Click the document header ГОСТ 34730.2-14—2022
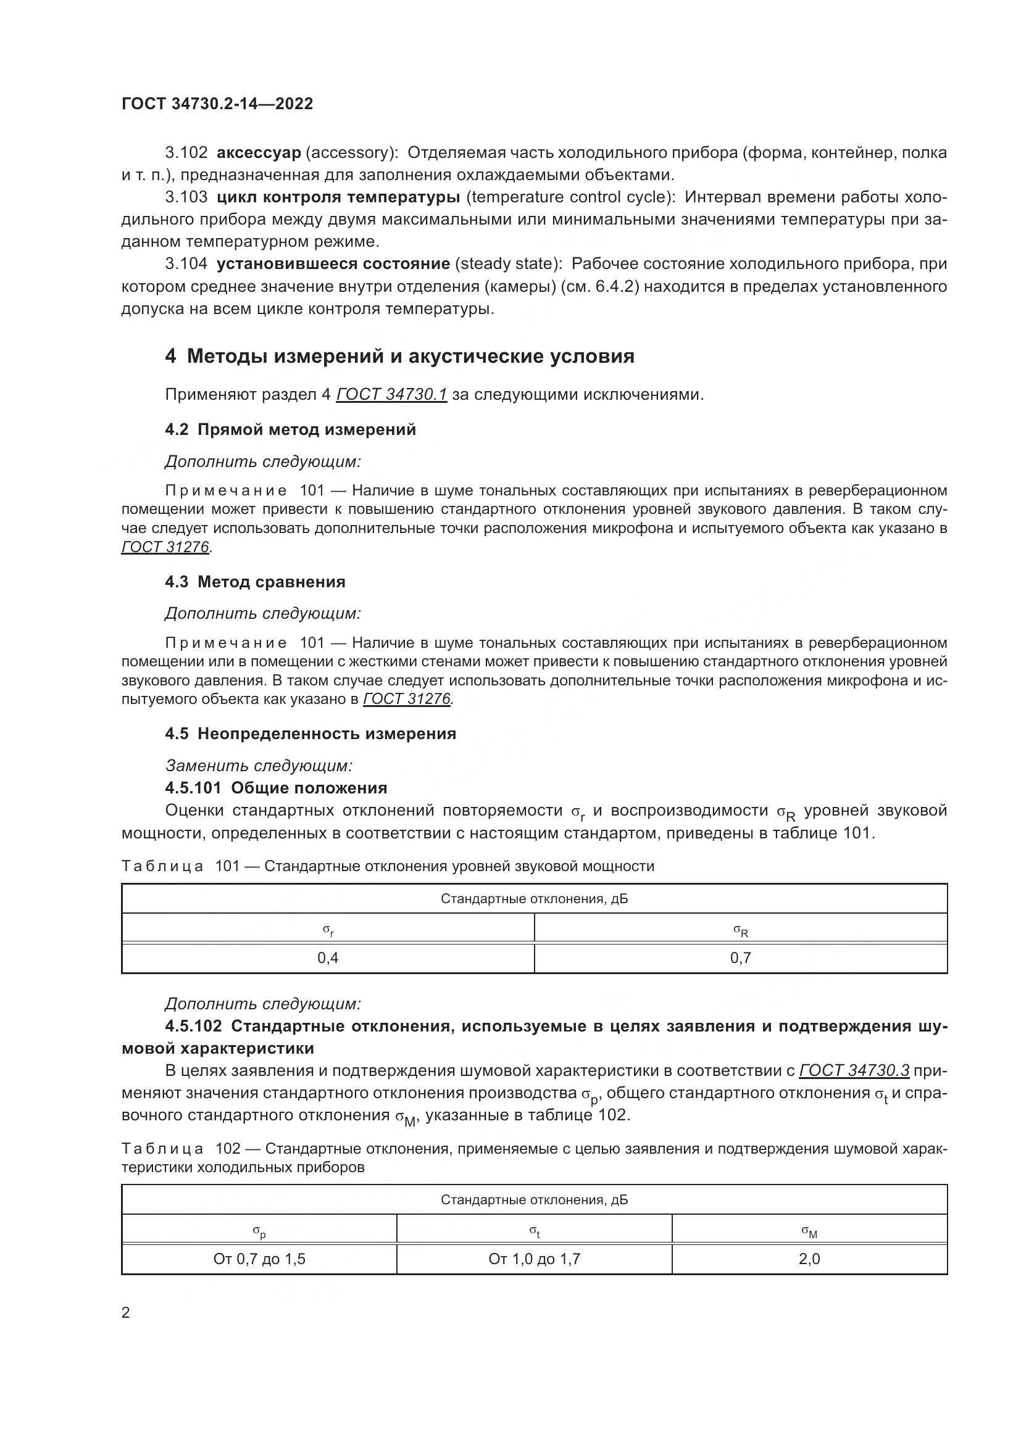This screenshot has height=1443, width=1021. click(217, 104)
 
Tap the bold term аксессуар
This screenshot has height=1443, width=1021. click(259, 153)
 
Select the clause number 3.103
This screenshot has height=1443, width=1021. click(186, 197)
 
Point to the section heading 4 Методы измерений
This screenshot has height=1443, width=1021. click(399, 357)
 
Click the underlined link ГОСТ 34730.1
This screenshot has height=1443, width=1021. click(392, 395)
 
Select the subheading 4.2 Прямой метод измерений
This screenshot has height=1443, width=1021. click(291, 430)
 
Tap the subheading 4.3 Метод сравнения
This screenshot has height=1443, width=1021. click(256, 582)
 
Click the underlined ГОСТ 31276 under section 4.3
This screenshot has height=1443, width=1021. click(407, 699)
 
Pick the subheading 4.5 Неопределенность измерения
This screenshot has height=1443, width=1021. click(310, 734)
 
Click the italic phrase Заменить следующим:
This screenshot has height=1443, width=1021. click(259, 766)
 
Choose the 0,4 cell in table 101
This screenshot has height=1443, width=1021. click(328, 959)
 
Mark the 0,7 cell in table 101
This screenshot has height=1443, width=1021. click(741, 959)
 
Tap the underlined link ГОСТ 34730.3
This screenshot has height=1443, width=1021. click(854, 1070)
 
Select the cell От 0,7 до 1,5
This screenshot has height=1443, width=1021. click(259, 1260)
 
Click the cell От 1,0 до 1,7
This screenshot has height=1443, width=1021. click(535, 1260)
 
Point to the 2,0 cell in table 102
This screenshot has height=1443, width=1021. click(809, 1260)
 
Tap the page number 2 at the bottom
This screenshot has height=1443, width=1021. click(126, 1313)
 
